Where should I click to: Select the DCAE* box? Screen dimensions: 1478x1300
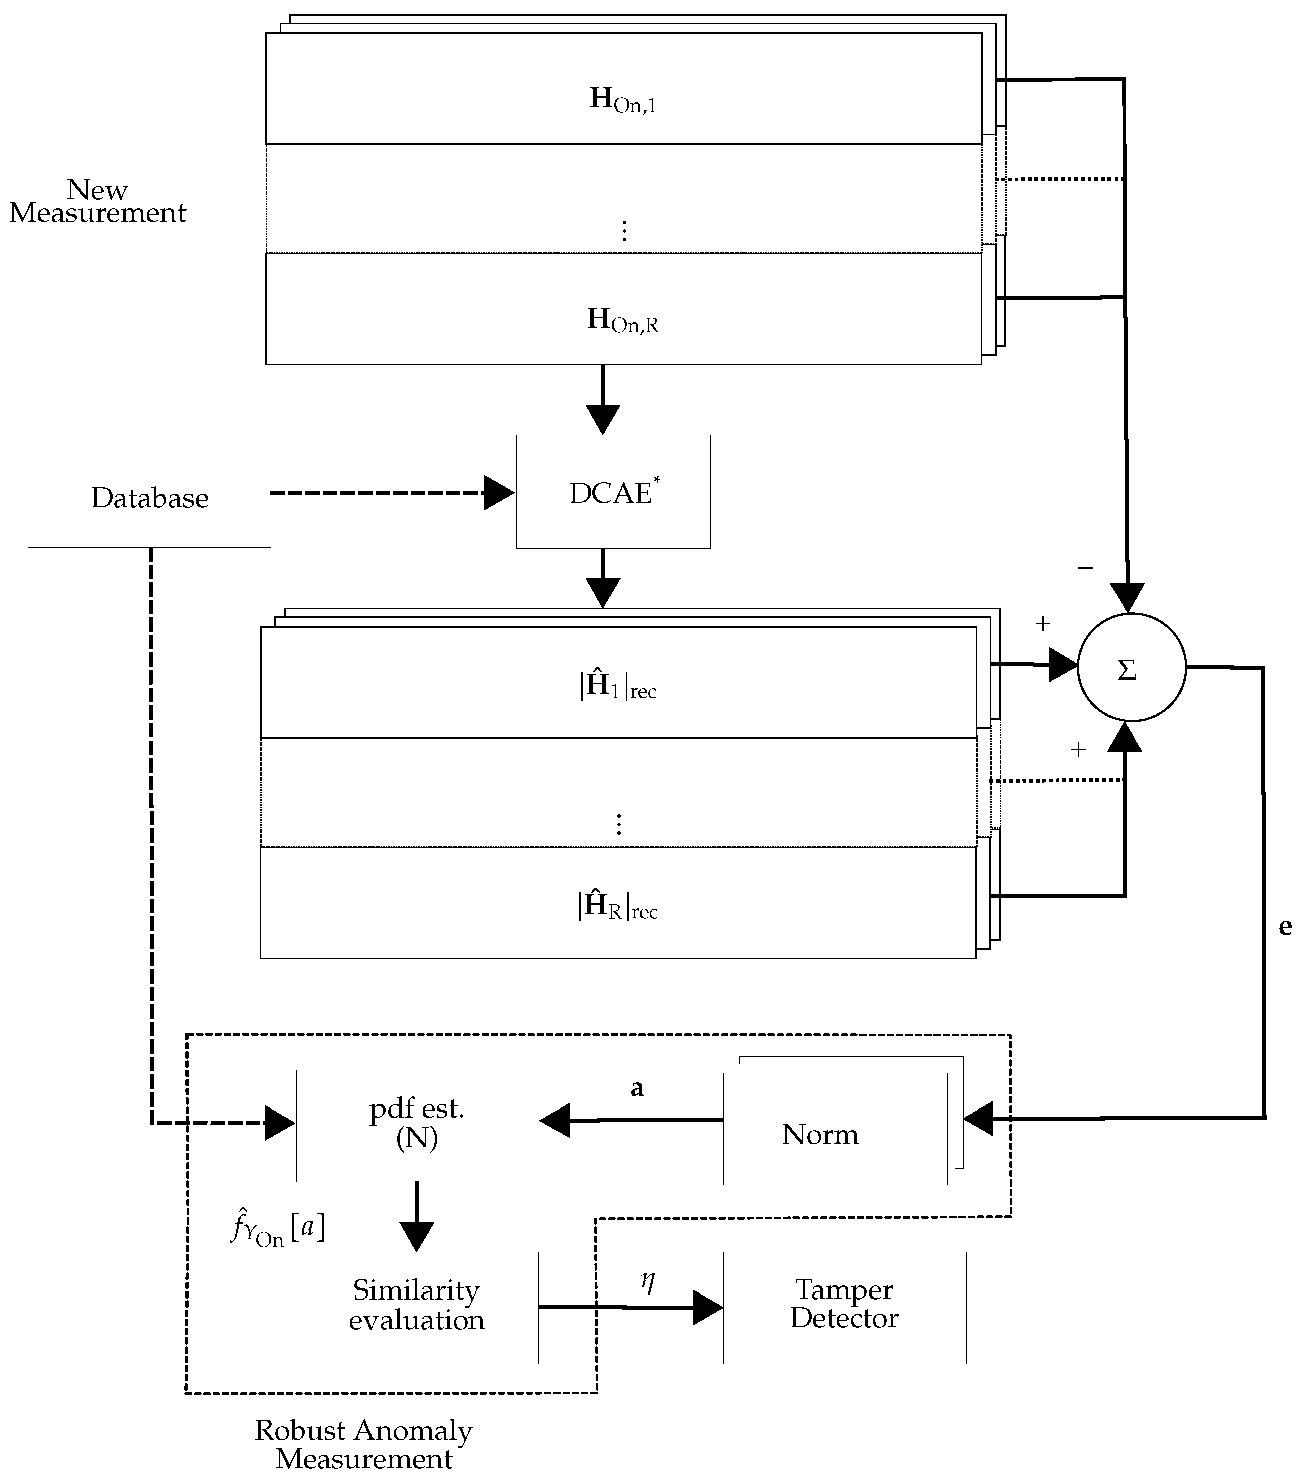click(613, 492)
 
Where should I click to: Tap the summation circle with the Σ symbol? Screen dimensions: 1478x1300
click(1132, 667)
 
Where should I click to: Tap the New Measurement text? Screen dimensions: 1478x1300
click(97, 201)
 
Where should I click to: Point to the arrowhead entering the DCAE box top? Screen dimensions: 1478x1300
click(602, 419)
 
